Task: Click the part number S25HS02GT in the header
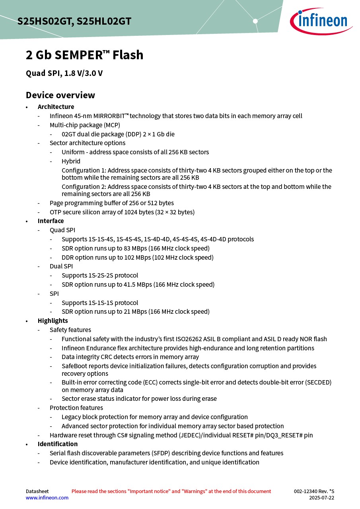[44, 21]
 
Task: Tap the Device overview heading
[60, 95]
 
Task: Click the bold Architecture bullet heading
[56, 107]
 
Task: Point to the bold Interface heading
[51, 221]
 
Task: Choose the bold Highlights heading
[53, 321]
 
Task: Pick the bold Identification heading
[58, 444]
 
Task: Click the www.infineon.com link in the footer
[47, 497]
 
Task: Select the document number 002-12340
[306, 491]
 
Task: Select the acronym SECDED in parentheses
[318, 382]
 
